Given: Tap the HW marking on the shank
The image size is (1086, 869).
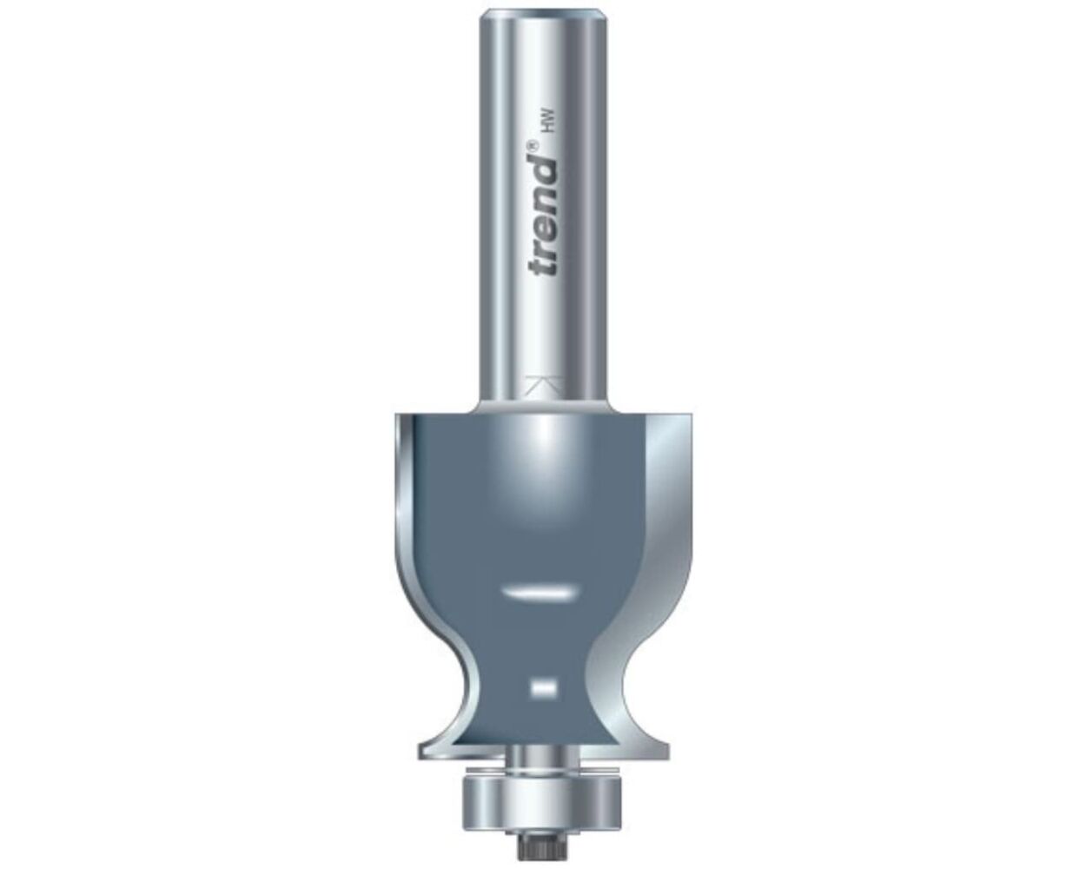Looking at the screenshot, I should [x=546, y=127].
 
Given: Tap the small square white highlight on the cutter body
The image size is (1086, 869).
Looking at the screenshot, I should [x=542, y=687].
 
